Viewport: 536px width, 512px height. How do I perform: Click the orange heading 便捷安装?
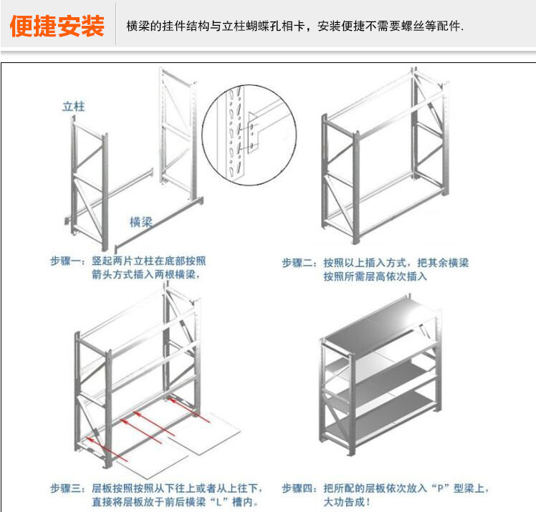pos(57,27)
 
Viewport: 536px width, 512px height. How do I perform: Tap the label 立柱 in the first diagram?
pos(74,107)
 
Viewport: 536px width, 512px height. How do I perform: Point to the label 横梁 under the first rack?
pos(141,222)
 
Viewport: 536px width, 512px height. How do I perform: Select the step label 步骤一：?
pos(69,262)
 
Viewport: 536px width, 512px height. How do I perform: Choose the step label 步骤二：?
pos(300,264)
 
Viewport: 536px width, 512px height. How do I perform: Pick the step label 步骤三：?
pos(69,488)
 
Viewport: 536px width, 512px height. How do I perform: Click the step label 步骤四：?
pos(300,488)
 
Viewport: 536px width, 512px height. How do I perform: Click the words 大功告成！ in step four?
pos(348,502)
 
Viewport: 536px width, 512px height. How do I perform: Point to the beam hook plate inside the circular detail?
pos(253,132)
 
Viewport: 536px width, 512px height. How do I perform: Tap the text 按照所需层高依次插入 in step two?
pos(374,276)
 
